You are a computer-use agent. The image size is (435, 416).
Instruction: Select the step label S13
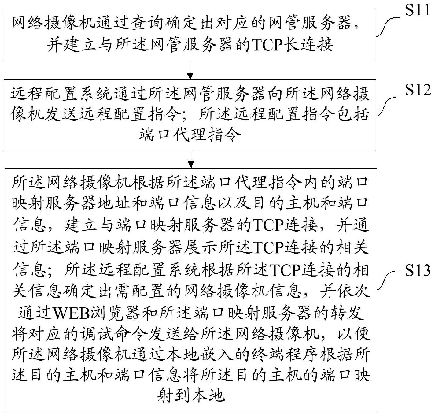[418, 270]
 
